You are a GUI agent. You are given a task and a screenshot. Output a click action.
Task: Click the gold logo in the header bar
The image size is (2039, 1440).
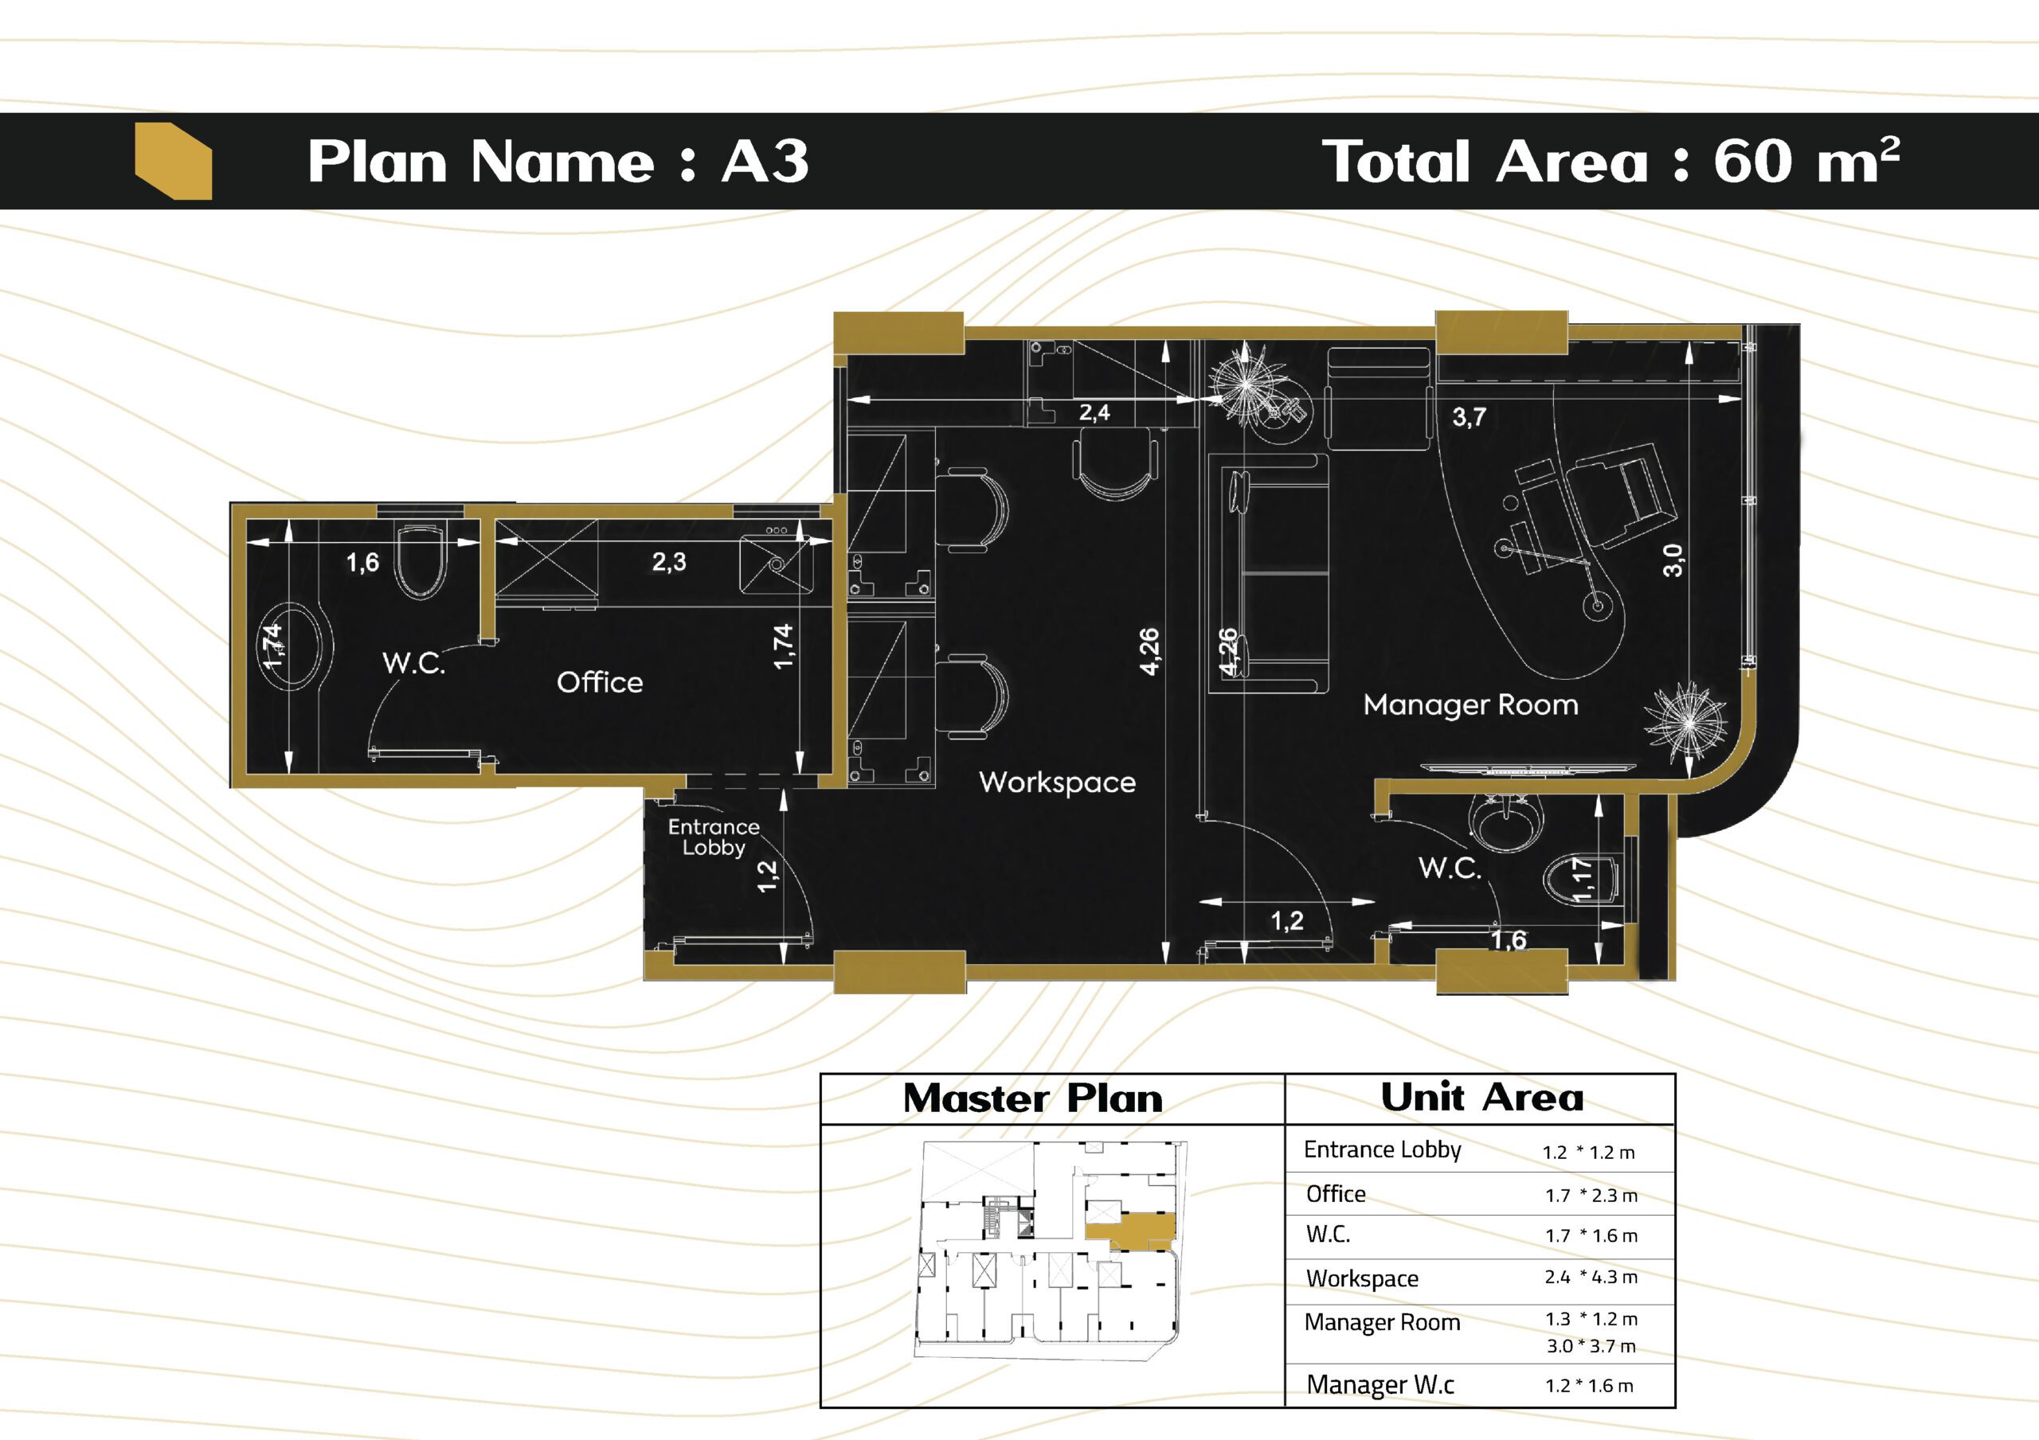coord(173,161)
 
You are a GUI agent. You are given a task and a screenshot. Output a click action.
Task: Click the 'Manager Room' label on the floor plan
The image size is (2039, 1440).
coord(1470,705)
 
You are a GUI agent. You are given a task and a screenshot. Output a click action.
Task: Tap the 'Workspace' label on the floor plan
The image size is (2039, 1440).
coord(1057,782)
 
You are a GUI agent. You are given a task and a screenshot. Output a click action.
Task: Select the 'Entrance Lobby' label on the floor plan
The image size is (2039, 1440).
coord(714,837)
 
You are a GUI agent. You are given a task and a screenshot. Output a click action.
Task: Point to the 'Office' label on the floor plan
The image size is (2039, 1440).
coord(600,682)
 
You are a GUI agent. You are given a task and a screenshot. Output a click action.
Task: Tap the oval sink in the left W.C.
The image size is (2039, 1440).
coord(299,646)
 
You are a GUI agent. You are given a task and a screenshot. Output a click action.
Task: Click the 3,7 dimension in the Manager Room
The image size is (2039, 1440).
coord(1469,416)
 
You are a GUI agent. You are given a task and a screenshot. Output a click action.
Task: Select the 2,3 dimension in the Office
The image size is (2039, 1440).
coord(669,561)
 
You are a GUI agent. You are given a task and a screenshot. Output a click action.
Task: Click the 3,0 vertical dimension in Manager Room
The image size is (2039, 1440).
coord(1673,560)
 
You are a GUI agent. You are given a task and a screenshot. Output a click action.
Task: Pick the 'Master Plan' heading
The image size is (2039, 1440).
coord(1033,1099)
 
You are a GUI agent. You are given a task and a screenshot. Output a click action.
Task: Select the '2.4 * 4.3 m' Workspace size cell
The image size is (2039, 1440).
coord(1591,1277)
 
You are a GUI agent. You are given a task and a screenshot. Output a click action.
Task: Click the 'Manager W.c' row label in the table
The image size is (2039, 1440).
coord(1380,1384)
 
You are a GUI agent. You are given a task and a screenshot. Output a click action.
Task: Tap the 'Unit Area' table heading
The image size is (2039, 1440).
coord(1481,1097)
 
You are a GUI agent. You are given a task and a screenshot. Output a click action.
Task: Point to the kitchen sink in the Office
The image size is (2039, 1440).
coord(776,560)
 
